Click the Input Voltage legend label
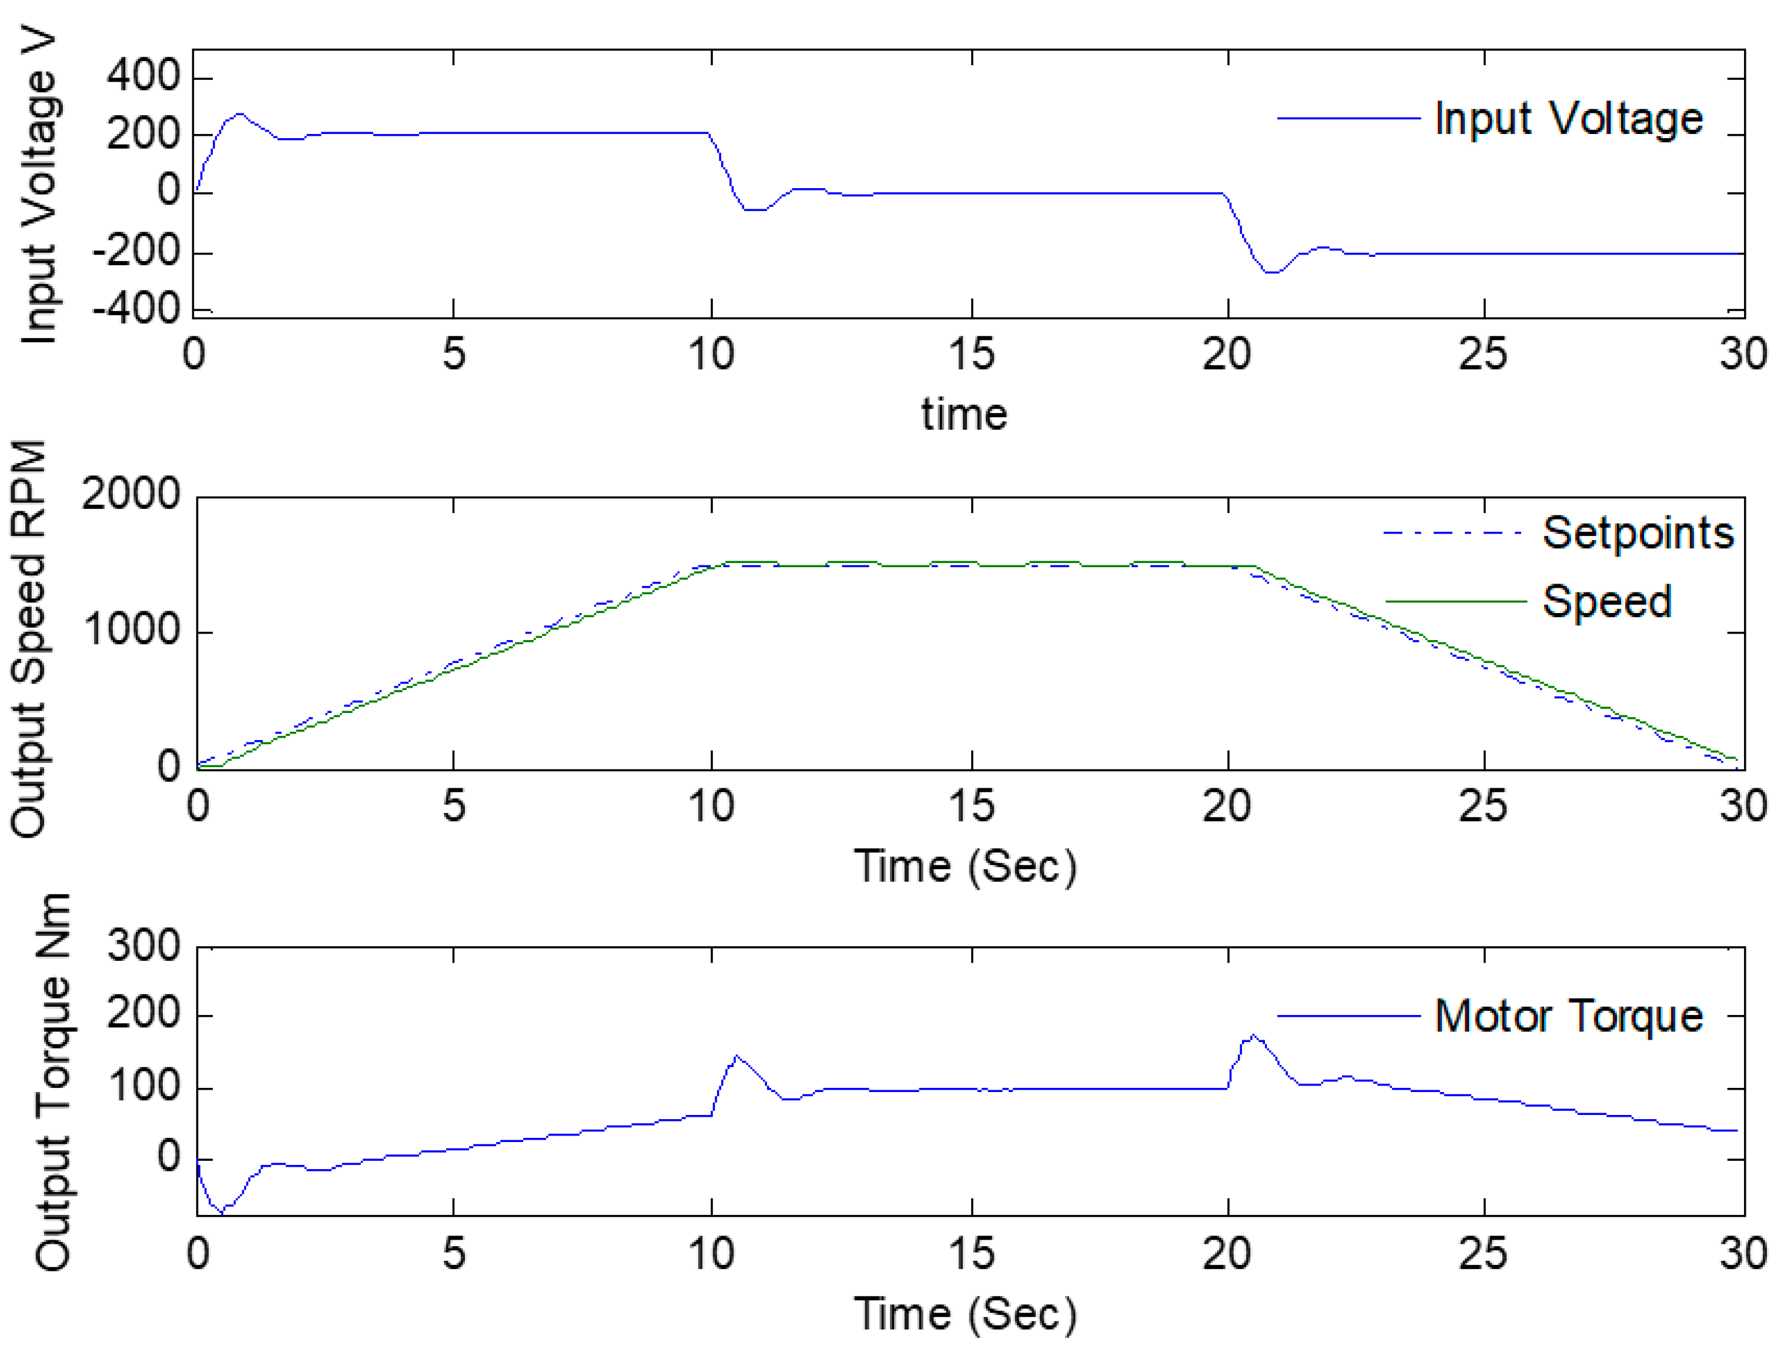click(1568, 119)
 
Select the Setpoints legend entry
click(1637, 533)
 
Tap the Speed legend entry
click(1606, 602)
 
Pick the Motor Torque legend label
click(1568, 1016)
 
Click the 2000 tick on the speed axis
click(130, 494)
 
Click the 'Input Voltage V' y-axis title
click(39, 189)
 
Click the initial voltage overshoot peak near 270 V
click(239, 115)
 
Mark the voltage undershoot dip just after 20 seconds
click(1271, 272)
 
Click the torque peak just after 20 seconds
click(1253, 1036)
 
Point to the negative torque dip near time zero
click(222, 1212)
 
